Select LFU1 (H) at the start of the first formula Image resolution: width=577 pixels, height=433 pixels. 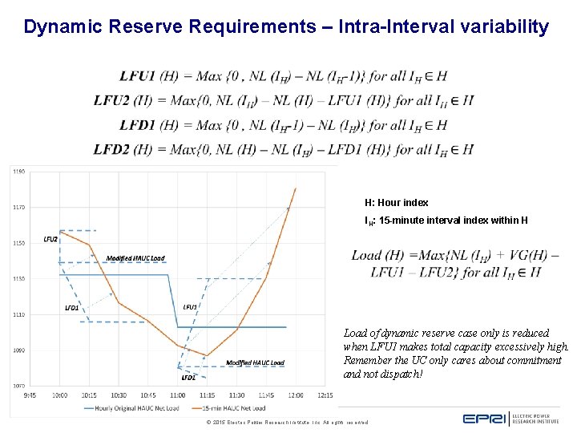(x=148, y=76)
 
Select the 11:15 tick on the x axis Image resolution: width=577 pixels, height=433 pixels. (x=207, y=395)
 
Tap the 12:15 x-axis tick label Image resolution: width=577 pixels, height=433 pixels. (x=325, y=395)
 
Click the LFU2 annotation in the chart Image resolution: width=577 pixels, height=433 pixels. (x=50, y=239)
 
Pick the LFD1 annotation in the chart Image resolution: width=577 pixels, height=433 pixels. (x=71, y=307)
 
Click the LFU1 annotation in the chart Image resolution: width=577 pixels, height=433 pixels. (x=190, y=306)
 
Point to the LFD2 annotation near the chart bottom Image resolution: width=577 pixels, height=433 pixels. (x=188, y=377)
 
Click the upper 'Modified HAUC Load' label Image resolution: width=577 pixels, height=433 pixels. (x=135, y=258)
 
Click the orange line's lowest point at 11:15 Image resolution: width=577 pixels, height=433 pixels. (x=207, y=355)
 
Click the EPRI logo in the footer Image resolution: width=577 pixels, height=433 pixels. (x=486, y=418)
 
